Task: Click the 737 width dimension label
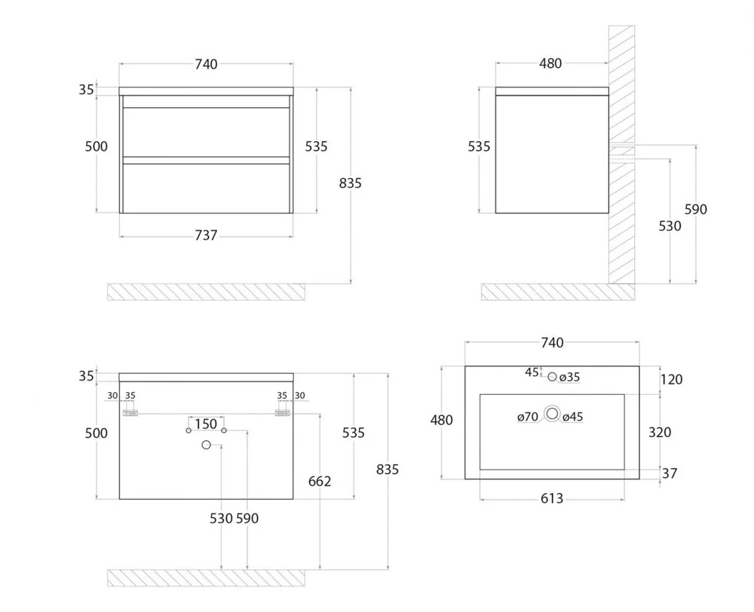click(206, 235)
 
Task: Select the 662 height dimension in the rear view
click(320, 482)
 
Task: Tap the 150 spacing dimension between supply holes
click(206, 424)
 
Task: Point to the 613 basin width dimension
click(552, 498)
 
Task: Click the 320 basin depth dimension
click(660, 433)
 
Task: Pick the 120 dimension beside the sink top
click(671, 380)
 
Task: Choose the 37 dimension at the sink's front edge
click(670, 473)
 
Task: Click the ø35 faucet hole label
click(570, 378)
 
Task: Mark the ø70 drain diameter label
click(528, 417)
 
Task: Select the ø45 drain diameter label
click(573, 417)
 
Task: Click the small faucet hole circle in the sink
click(552, 377)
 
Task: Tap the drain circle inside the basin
click(552, 414)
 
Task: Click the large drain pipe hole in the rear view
click(207, 445)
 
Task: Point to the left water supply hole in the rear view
click(188, 430)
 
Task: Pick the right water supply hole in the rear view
click(224, 430)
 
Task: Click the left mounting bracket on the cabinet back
click(130, 412)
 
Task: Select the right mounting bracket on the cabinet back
click(282, 412)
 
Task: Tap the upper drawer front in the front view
click(207, 132)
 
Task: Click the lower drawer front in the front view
click(207, 188)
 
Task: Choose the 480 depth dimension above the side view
click(550, 63)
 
